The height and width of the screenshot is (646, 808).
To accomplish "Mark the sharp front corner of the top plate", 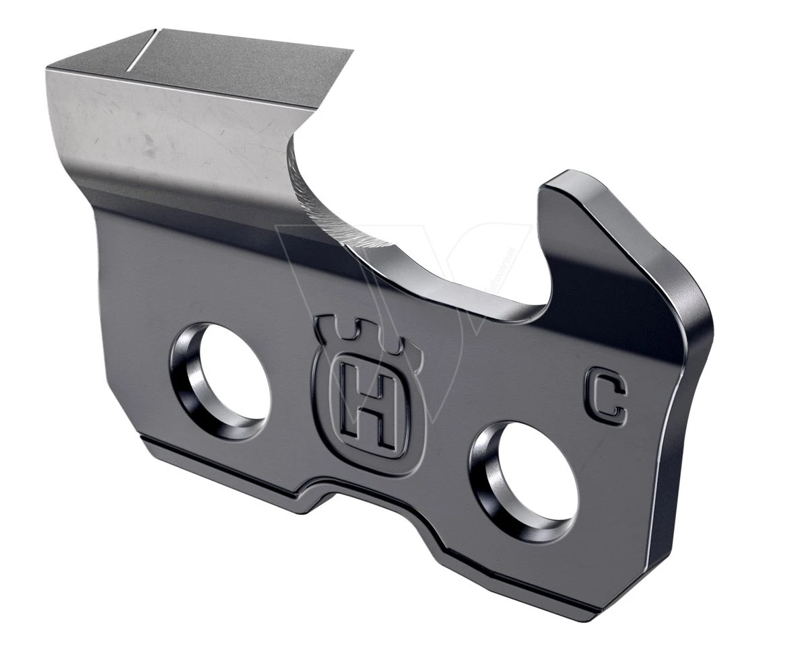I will pyautogui.click(x=351, y=51).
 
